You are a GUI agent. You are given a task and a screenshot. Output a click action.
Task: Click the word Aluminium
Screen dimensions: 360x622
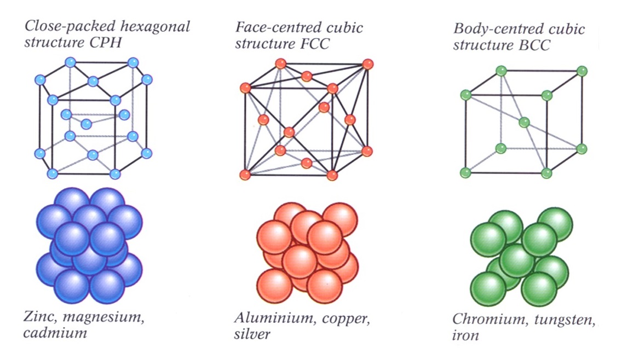coord(269,318)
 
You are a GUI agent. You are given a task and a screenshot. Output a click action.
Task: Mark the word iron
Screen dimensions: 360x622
coord(465,335)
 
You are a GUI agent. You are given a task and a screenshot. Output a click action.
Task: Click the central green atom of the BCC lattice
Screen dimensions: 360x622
coord(524,122)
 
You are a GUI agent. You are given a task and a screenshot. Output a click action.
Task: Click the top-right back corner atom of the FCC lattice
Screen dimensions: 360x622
coord(367,64)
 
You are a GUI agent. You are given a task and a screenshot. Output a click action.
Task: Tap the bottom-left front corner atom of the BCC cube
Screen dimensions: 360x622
coord(465,173)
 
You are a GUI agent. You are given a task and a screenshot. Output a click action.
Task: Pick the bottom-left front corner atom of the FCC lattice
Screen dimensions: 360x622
coord(245,175)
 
